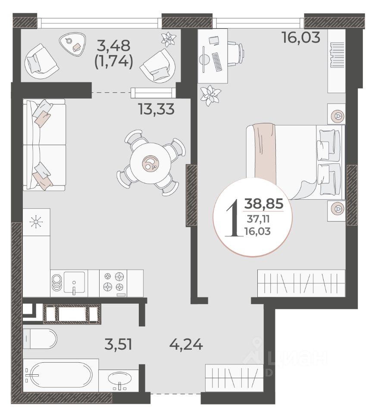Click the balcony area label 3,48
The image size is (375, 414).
point(113,46)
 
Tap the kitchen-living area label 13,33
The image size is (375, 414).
point(156,109)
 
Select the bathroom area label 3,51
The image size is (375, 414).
point(118,344)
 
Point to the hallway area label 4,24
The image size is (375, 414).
point(186,344)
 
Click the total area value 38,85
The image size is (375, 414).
point(264,204)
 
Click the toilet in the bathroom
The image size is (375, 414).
point(40,339)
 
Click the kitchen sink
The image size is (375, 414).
point(75,283)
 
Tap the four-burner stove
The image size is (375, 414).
point(113,283)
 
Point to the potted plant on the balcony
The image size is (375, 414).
point(169,39)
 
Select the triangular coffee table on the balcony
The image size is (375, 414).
point(72,44)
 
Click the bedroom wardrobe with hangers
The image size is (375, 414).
point(301,283)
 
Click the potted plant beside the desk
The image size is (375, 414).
point(210,95)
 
